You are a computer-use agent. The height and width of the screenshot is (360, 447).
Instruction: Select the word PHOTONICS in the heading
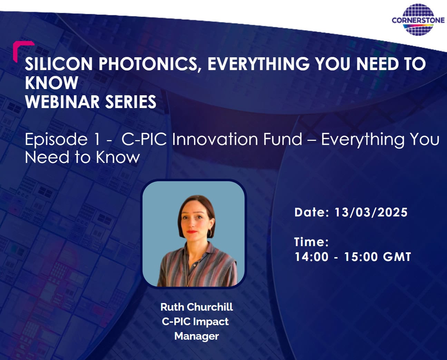pos(148,64)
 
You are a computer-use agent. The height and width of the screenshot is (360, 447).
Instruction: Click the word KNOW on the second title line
pos(51,83)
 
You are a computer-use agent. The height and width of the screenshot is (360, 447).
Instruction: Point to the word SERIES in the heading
pos(131,101)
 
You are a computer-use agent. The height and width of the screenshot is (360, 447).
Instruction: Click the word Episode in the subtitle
pos(56,139)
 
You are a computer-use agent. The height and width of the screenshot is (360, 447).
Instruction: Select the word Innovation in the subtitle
pos(215,139)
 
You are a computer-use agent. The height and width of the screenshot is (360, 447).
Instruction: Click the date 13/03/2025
pos(371,212)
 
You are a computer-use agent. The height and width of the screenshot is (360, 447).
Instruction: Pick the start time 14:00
pos(311,257)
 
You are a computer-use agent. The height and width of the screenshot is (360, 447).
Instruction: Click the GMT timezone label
pos(397,257)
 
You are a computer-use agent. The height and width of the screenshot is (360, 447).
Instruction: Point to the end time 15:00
pos(361,257)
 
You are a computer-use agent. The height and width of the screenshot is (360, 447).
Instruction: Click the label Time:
pos(311,242)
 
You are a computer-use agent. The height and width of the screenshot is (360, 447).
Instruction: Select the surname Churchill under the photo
pos(210,307)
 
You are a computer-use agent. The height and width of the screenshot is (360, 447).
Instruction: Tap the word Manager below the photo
pos(196,336)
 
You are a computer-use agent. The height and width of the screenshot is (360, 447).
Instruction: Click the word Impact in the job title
pos(211,322)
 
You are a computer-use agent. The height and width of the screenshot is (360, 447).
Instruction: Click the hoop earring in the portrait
pos(210,233)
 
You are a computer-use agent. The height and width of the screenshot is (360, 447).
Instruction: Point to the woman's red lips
pos(192,232)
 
